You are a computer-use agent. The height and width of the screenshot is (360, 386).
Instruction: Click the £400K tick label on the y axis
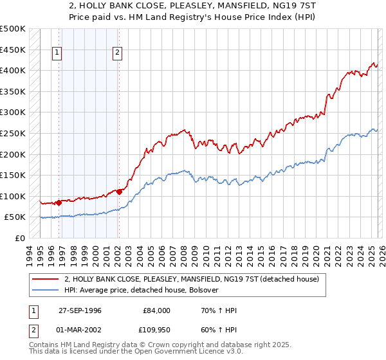pos(13,70)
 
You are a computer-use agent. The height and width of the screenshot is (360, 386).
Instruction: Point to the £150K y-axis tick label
pos(13,175)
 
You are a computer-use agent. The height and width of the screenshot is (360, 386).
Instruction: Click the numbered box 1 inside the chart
pos(58,53)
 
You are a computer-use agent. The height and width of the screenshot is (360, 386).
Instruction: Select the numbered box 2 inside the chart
pos(118,53)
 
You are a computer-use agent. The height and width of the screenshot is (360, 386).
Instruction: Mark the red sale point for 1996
pos(59,203)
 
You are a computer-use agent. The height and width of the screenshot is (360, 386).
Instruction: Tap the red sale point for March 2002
pos(119,191)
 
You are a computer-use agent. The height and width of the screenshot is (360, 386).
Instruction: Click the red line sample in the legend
pos(46,279)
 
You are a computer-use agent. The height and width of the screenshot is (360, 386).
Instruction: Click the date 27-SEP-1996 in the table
pos(80,310)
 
